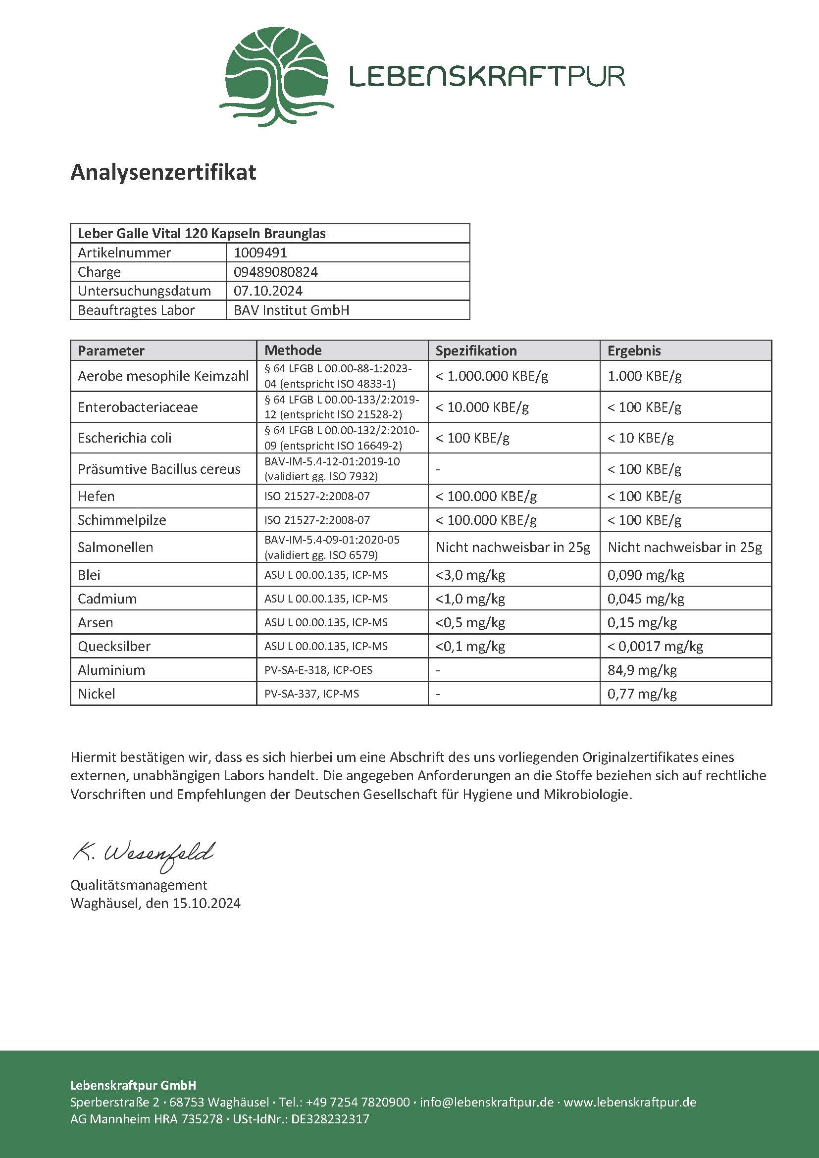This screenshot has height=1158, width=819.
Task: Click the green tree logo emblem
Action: [276, 76]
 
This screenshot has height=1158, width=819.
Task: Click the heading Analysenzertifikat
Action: [163, 172]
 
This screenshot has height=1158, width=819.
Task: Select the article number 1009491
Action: [260, 252]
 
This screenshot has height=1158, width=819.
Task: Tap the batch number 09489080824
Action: [275, 272]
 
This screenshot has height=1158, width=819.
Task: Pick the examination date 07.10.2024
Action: [268, 291]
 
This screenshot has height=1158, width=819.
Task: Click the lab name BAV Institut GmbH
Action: [292, 310]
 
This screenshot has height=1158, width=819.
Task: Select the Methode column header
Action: [293, 351]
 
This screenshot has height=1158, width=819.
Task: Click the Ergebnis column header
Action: [634, 351]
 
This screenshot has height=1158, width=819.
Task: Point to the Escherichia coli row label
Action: [125, 438]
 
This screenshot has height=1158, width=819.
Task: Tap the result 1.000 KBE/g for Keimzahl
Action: [645, 376]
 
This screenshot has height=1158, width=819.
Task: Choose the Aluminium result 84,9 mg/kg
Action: [642, 670]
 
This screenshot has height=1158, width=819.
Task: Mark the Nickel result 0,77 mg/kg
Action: [642, 694]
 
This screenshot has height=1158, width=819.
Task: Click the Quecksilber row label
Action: [114, 646]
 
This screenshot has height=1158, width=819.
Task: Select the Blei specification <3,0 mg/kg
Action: [470, 575]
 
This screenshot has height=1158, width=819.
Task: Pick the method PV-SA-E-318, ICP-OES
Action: [318, 670]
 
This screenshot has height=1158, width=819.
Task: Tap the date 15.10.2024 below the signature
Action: [206, 904]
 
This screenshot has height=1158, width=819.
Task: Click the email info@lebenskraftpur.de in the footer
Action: [487, 1102]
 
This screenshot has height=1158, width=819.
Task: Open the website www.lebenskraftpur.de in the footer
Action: [630, 1102]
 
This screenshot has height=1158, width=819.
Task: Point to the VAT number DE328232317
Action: [330, 1119]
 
